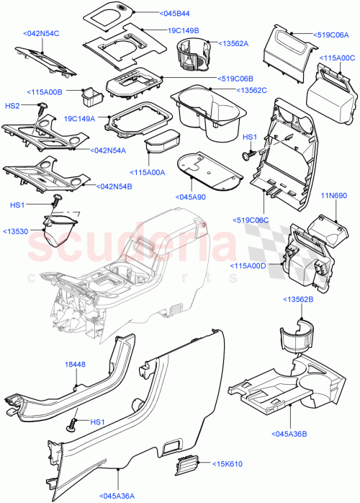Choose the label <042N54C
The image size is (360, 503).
click(41, 33)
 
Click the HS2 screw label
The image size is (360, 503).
click(12, 106)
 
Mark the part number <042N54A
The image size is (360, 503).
click(110, 151)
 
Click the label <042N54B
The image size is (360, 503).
click(114, 186)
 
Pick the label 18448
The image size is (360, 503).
click(76, 365)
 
